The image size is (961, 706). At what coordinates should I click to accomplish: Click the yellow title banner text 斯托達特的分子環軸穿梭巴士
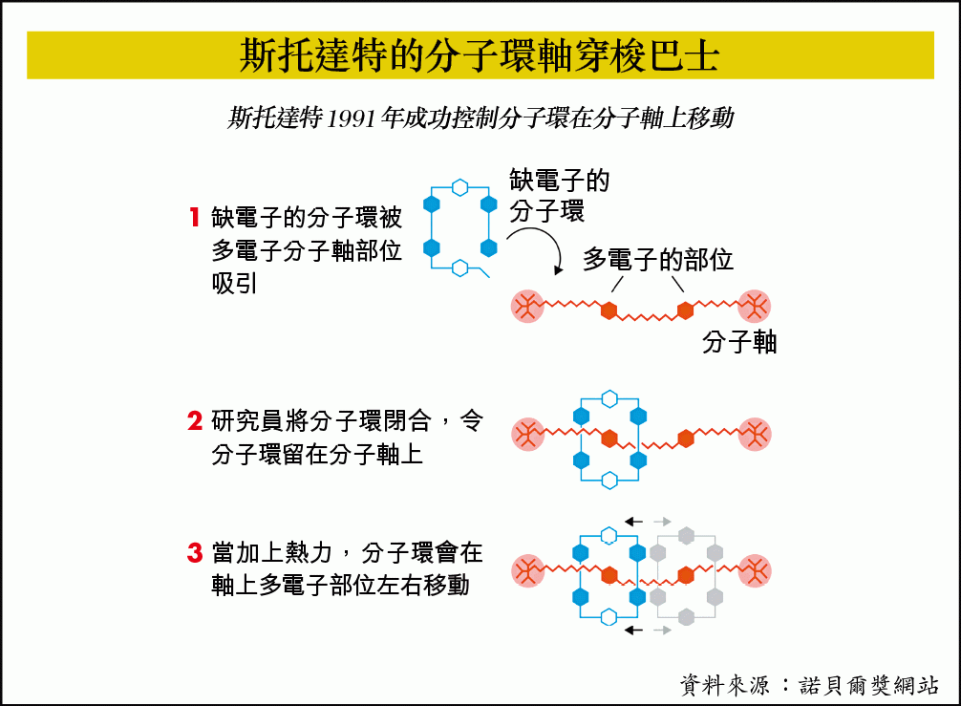click(479, 55)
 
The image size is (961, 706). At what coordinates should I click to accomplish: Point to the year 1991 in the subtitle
click(351, 118)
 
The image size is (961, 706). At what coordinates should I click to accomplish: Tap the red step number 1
click(195, 217)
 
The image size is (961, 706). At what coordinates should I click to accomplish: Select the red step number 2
click(195, 421)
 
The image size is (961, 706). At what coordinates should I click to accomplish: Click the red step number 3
click(195, 553)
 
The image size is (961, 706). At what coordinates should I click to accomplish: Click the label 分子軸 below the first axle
click(739, 342)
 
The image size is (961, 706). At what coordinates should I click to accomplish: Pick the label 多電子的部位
click(657, 259)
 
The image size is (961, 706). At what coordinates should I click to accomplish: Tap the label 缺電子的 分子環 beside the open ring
click(559, 196)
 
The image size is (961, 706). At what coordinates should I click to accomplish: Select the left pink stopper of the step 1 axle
click(527, 307)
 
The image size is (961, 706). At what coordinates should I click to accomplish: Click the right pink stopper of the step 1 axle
click(754, 307)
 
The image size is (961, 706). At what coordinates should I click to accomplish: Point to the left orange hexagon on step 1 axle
click(609, 310)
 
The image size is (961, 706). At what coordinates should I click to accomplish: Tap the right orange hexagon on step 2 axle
click(686, 439)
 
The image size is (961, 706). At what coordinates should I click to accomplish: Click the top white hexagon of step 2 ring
click(609, 399)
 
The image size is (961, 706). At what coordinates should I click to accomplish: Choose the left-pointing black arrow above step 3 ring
click(633, 522)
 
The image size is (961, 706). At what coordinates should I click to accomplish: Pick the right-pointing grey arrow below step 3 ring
click(663, 630)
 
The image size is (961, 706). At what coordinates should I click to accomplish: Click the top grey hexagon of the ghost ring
click(687, 536)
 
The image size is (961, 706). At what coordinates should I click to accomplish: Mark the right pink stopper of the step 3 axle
click(755, 571)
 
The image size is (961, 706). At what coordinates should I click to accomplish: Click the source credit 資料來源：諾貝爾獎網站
click(809, 685)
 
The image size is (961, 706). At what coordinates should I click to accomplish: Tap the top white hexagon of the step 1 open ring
click(459, 187)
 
